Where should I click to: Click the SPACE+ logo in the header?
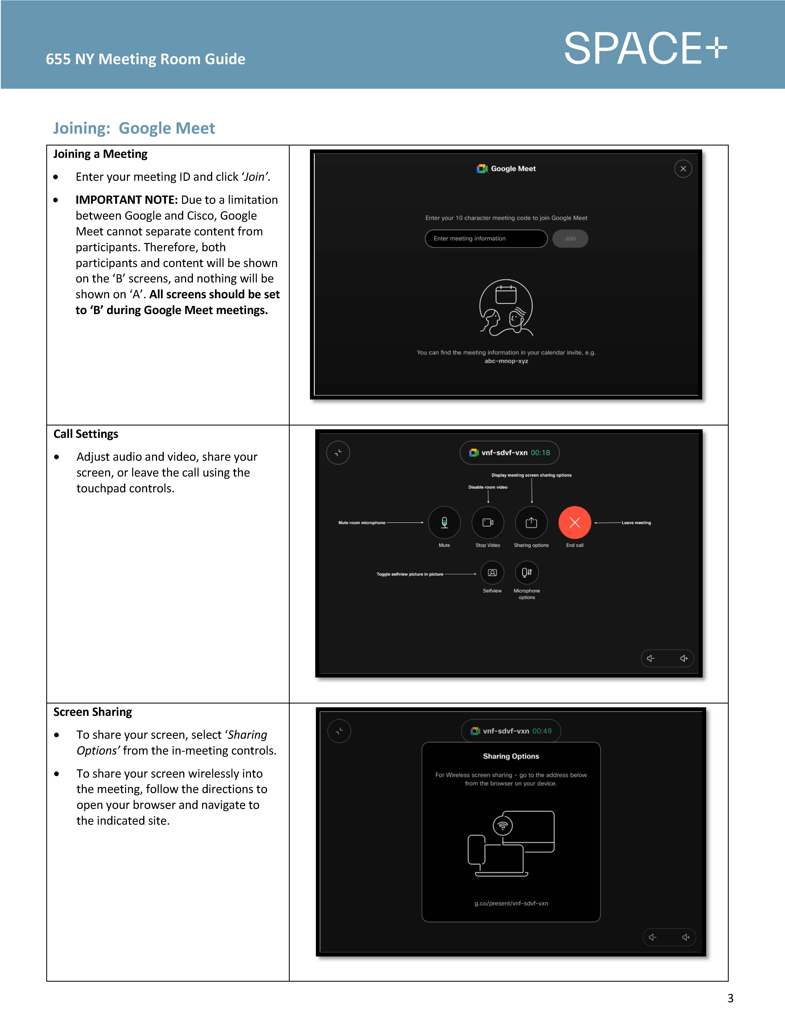(x=645, y=49)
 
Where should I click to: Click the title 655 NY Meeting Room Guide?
(x=145, y=59)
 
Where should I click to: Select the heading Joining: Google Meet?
(x=134, y=128)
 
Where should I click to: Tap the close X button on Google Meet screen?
(x=683, y=169)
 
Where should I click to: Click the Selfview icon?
(x=492, y=573)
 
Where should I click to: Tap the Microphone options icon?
(x=527, y=573)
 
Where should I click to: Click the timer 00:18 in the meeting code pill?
(x=540, y=453)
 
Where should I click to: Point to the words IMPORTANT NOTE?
(x=126, y=200)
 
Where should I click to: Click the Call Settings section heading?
(x=86, y=434)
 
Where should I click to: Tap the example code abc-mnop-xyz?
(x=506, y=361)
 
